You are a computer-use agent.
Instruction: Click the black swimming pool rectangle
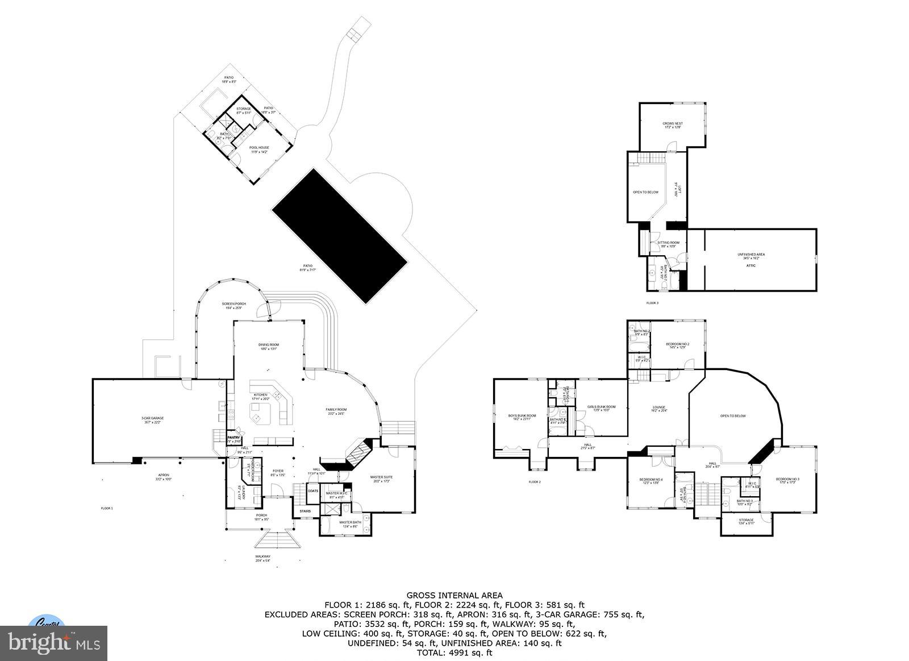(340, 235)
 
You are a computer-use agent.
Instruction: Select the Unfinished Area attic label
(751, 257)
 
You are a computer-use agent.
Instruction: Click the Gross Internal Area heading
(454, 595)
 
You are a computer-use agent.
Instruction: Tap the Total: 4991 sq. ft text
(454, 652)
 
